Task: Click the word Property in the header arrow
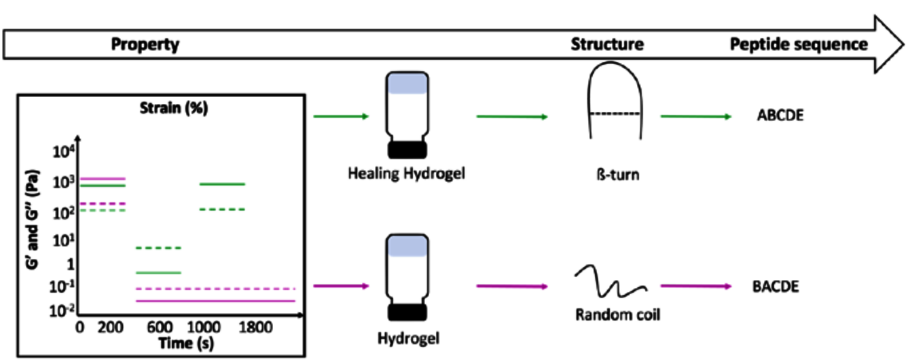[x=145, y=45]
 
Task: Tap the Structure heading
[x=606, y=45]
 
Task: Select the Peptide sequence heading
[x=799, y=45]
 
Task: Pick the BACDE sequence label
[x=776, y=287]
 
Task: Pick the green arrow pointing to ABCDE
[x=696, y=116]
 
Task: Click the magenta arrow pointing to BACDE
[x=696, y=286]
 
